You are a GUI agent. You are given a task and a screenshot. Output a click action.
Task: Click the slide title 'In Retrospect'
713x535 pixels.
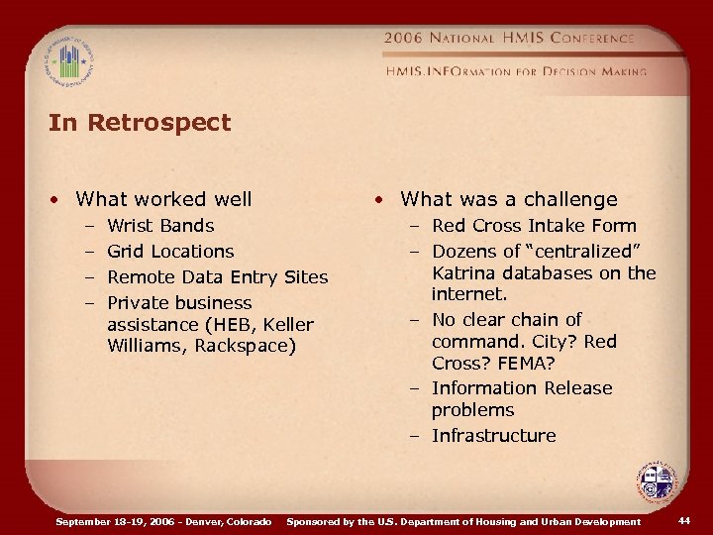(x=140, y=123)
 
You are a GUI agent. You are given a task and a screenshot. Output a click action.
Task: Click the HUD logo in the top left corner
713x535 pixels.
(x=68, y=62)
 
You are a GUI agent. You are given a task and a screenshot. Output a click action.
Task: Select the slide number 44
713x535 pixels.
(x=685, y=521)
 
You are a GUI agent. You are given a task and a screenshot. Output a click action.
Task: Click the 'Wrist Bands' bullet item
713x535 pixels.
(x=159, y=226)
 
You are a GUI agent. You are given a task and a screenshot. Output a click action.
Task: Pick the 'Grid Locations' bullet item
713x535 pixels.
(x=170, y=252)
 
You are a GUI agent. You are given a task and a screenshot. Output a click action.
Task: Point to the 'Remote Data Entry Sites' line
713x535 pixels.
(x=217, y=277)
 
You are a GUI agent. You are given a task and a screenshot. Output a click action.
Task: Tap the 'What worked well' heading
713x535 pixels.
(x=163, y=199)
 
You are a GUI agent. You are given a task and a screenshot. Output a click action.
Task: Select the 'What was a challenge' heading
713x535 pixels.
(x=508, y=199)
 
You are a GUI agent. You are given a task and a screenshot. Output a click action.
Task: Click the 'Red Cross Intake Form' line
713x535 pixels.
(x=534, y=226)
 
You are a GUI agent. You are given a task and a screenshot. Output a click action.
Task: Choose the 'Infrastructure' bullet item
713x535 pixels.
(x=493, y=436)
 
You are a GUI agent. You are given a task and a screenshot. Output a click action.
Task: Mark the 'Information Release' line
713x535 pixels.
(x=522, y=388)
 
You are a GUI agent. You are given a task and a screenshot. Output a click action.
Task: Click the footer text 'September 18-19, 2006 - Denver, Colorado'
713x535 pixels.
(x=164, y=521)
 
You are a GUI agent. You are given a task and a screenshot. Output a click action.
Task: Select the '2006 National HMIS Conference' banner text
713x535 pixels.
(x=508, y=38)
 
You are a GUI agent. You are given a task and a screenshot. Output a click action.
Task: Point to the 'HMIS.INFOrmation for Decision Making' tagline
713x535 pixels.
(x=516, y=71)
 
